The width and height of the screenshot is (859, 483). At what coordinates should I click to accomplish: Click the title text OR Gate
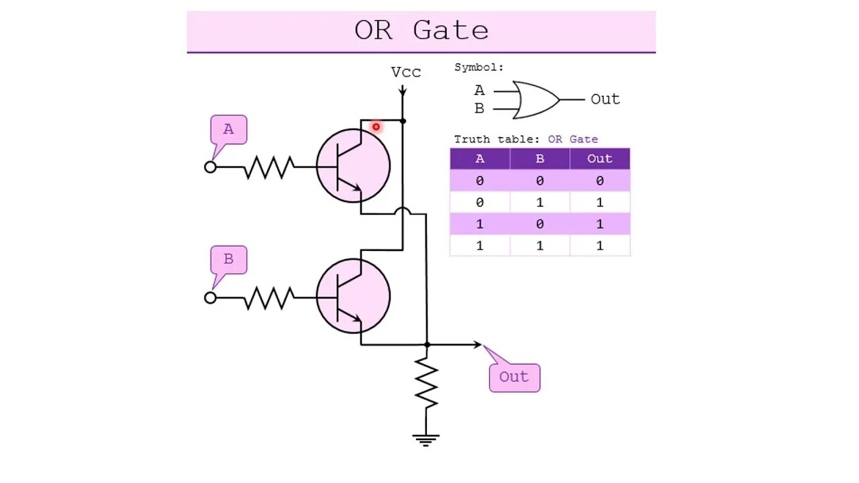(421, 31)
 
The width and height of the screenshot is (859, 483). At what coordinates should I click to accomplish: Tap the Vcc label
(406, 72)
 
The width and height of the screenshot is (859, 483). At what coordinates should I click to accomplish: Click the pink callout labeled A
(228, 129)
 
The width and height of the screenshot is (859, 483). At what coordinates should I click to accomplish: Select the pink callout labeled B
(228, 260)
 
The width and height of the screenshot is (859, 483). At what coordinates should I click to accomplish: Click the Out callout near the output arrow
(514, 377)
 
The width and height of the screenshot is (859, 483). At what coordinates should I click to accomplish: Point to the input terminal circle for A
(211, 167)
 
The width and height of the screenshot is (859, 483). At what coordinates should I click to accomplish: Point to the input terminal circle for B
(211, 297)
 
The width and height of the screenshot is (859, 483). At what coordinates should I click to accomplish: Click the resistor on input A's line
(268, 167)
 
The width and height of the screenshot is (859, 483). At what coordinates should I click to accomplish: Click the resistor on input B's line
(268, 297)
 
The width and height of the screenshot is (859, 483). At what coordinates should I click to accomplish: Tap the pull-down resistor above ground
(427, 383)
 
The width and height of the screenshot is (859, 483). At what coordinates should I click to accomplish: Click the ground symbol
(426, 440)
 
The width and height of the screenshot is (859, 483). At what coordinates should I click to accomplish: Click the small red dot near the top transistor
(376, 127)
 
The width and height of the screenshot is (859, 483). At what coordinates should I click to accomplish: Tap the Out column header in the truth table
(599, 159)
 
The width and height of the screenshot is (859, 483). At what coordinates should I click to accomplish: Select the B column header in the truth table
(540, 159)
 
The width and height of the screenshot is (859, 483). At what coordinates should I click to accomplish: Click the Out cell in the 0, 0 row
(599, 181)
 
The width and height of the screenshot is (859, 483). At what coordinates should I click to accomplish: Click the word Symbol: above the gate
(478, 68)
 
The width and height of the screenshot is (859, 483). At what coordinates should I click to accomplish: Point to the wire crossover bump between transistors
(402, 211)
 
